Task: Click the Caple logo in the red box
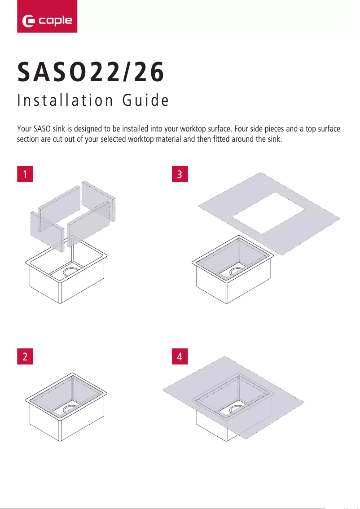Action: pyautogui.click(x=47, y=20)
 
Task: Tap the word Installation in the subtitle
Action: pyautogui.click(x=63, y=101)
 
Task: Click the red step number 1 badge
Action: pyautogui.click(x=25, y=174)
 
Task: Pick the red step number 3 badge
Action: pyautogui.click(x=180, y=174)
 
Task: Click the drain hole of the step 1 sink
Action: pyautogui.click(x=70, y=272)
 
